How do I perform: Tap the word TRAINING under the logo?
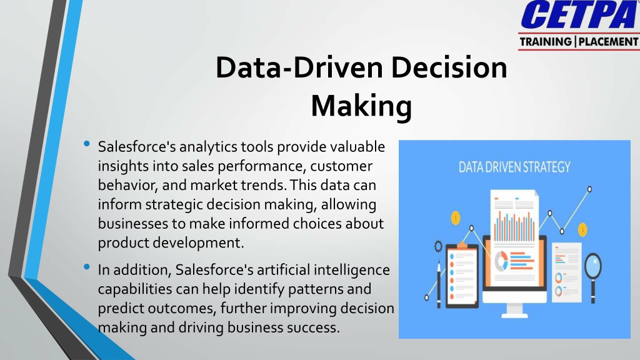point(546,42)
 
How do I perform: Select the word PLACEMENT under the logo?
point(608,42)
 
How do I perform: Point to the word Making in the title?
point(361,106)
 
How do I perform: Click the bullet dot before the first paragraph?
point(86,144)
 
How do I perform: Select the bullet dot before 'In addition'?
point(86,267)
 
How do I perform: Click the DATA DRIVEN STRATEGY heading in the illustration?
point(514,167)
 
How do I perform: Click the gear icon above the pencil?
point(438,246)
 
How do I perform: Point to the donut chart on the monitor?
point(501,261)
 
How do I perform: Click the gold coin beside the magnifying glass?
point(583,229)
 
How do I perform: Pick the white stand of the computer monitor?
point(514,309)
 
